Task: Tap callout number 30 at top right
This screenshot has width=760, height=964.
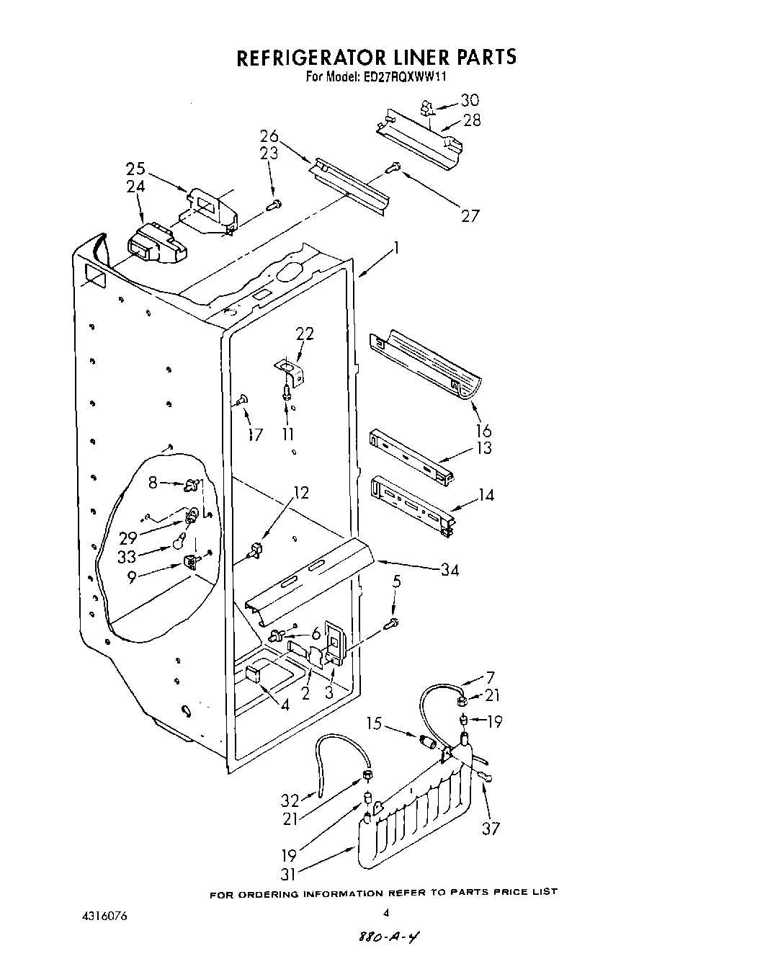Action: click(469, 100)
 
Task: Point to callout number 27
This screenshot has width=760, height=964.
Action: click(470, 215)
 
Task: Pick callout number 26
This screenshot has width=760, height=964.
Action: click(269, 135)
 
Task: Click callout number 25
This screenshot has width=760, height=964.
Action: click(135, 169)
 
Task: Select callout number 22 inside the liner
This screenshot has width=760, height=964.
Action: click(305, 334)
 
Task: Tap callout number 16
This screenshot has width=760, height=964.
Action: click(483, 431)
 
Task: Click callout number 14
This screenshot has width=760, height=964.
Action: click(487, 495)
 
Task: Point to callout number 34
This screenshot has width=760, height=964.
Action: click(450, 570)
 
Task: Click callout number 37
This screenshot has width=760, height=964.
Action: click(491, 829)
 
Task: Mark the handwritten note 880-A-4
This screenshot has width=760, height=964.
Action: click(385, 937)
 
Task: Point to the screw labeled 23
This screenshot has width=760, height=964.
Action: click(274, 205)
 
